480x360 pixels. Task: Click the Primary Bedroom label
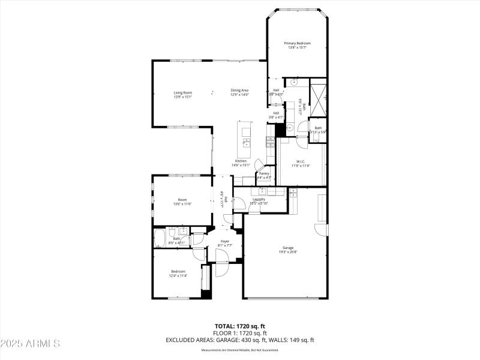click(298, 43)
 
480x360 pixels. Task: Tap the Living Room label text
click(182, 92)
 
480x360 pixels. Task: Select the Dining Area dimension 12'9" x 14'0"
click(239, 95)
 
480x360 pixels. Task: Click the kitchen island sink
click(247, 143)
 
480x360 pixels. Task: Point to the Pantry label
click(264, 173)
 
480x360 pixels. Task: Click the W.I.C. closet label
click(301, 161)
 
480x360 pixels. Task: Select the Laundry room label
click(259, 199)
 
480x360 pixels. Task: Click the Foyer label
click(224, 241)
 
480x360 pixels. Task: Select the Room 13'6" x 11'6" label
click(182, 202)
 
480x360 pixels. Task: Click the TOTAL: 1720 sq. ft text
click(239, 326)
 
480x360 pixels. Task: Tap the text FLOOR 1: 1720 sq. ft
click(239, 332)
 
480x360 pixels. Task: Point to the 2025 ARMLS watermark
click(30, 344)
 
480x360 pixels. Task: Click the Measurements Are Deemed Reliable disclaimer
click(239, 350)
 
